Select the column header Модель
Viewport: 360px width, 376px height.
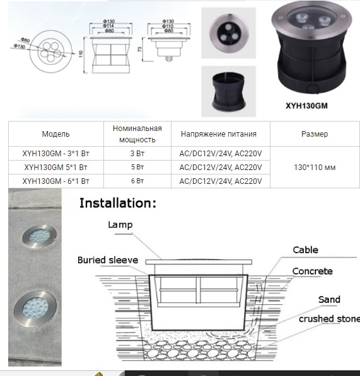(x=56, y=134)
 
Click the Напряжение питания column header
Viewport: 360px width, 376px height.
(x=219, y=134)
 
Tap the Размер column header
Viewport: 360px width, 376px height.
(x=315, y=134)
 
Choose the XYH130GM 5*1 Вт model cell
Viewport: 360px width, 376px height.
(x=56, y=168)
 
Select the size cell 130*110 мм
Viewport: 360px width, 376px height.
(x=315, y=168)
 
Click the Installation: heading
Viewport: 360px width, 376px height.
(x=117, y=203)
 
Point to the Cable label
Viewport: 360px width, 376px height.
(x=305, y=250)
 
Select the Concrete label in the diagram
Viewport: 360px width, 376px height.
(x=312, y=271)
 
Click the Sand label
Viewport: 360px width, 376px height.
(x=328, y=299)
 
